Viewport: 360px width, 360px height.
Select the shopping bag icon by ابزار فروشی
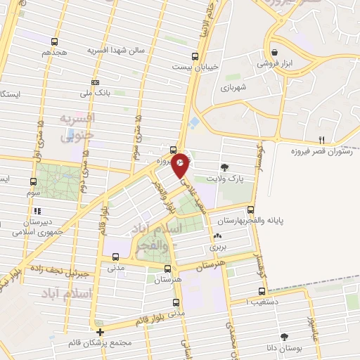point(274,51)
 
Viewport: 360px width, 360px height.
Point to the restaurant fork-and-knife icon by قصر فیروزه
point(322,139)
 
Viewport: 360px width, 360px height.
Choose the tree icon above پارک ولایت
point(224,167)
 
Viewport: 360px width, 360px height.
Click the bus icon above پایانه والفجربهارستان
point(251,208)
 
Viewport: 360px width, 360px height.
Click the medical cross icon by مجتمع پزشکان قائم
point(101,332)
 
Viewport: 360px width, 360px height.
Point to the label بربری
point(215,247)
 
